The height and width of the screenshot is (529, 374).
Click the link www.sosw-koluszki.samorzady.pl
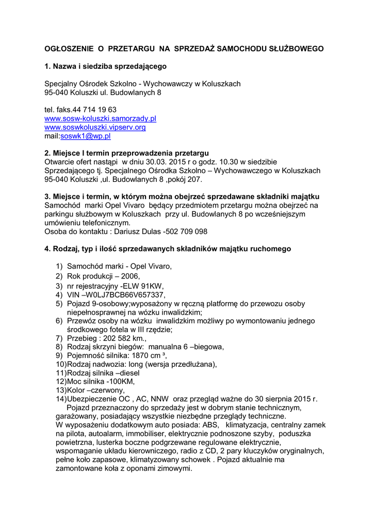100,118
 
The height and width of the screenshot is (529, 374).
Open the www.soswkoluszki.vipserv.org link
95,127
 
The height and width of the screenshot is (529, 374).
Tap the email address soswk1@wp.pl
86,136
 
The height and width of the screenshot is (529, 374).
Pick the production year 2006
130,276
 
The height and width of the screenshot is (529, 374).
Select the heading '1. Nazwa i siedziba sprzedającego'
105,66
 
